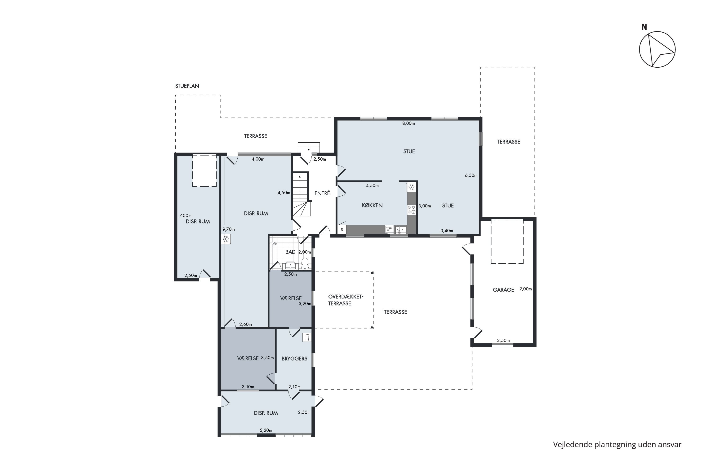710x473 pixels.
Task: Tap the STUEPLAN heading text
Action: (187, 86)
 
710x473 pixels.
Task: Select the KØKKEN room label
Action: (372, 206)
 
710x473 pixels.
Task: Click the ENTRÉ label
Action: (322, 193)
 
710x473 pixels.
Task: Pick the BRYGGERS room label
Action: (294, 359)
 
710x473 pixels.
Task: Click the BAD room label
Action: (290, 252)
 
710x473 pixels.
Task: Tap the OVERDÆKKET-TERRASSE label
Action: (346, 300)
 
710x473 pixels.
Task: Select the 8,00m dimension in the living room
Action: (408, 123)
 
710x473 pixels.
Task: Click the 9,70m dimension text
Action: (229, 229)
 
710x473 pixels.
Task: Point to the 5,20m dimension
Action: (266, 430)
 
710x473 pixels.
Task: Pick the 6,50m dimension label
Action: (471, 175)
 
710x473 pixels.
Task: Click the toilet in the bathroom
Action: (305, 264)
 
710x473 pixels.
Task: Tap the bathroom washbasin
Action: (290, 265)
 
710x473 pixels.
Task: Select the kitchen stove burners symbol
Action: (412, 210)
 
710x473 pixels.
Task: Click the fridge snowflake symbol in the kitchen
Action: (411, 187)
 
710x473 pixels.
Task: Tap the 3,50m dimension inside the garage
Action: (503, 341)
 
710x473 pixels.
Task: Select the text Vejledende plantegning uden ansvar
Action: (617, 444)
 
